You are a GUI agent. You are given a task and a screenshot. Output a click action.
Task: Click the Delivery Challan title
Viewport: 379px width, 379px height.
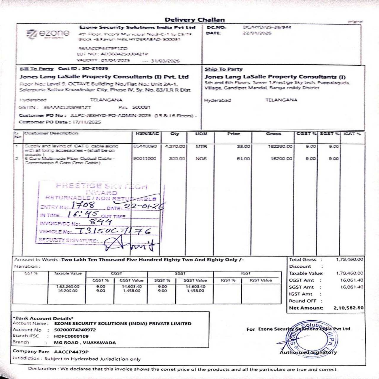195,20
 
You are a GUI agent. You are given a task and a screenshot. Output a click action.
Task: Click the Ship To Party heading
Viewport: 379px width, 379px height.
224,69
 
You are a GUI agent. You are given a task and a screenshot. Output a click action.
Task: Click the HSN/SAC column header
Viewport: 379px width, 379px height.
147,134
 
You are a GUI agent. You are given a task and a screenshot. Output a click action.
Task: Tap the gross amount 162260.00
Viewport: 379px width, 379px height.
281,147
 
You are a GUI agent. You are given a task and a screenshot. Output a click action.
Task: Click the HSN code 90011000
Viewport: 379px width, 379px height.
145,159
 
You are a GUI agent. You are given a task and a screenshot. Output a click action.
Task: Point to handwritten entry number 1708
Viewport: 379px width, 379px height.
83,205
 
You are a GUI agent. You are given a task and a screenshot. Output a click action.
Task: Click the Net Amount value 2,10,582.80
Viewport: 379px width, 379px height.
348,308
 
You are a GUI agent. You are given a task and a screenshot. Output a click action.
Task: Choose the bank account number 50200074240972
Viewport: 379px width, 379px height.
75,330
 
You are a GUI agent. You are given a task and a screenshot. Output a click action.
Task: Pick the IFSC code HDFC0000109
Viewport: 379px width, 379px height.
71,336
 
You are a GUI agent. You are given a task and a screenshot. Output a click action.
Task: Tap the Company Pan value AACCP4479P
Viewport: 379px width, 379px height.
71,352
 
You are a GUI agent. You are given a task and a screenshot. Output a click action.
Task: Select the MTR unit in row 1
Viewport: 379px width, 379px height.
201,147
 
